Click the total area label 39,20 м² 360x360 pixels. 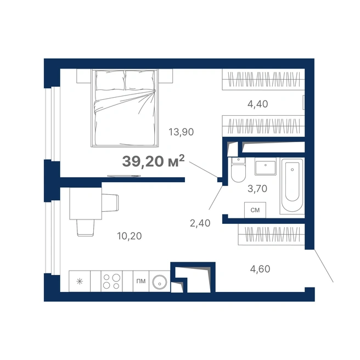point(153,161)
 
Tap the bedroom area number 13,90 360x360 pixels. point(181,132)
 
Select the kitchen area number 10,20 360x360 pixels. point(130,236)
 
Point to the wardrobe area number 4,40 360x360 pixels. point(257,104)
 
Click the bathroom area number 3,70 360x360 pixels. point(257,189)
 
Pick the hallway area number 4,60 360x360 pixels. point(260,269)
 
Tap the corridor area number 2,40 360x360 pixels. point(200,223)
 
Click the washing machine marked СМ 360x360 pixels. point(255,210)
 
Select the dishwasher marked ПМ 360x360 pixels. point(141,281)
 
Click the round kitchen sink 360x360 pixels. point(160,281)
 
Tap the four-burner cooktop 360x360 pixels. point(111,281)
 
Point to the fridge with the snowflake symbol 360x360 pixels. point(80,281)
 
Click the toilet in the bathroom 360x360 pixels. point(238,170)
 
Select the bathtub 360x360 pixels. point(292,185)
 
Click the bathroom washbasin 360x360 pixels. point(266,166)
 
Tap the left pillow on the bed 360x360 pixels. point(110,80)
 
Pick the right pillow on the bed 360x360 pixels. point(140,80)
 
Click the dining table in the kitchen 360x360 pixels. point(86,204)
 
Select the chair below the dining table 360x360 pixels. point(86,228)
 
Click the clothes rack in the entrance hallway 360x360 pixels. point(272,234)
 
